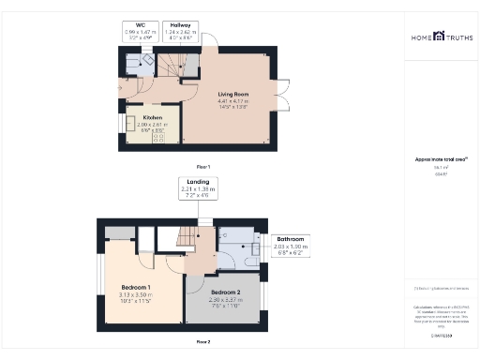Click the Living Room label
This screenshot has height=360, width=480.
(x=232, y=94)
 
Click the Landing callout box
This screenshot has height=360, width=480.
(x=198, y=188)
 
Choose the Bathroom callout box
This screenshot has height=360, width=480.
(x=292, y=246)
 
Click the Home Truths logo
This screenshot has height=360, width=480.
(x=441, y=37)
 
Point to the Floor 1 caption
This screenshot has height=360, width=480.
(x=202, y=166)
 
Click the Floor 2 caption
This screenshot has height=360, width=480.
(x=202, y=342)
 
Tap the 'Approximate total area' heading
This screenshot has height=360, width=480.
(x=441, y=159)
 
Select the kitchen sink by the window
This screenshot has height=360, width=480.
(x=123, y=124)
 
